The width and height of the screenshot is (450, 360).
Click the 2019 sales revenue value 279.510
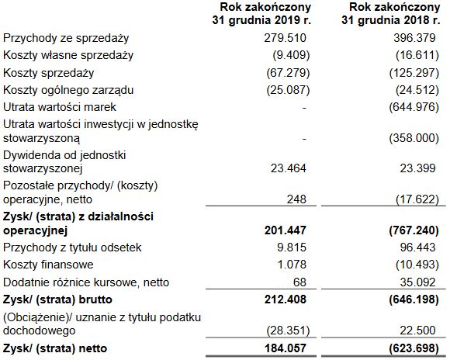(x=287, y=37)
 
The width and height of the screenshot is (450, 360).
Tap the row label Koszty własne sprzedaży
(x=68, y=55)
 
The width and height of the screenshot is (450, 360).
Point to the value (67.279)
(x=285, y=73)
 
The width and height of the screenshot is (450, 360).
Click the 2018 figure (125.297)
(x=415, y=73)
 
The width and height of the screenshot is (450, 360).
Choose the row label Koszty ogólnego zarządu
(x=69, y=90)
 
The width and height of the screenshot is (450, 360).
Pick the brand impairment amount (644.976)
(x=415, y=107)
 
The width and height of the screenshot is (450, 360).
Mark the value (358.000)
(x=415, y=137)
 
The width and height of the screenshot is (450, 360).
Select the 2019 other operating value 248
(x=298, y=199)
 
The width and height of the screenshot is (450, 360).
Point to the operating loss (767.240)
(x=414, y=230)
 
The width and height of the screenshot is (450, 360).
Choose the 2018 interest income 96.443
(x=421, y=247)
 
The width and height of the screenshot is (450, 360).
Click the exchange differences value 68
(x=301, y=282)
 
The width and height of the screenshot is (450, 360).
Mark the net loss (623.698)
(x=414, y=347)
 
